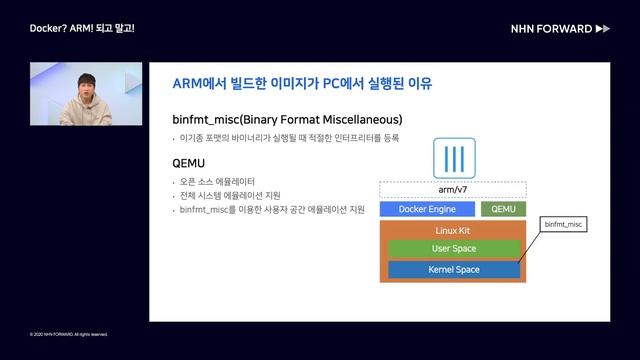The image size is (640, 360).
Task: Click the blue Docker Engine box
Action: [427, 209]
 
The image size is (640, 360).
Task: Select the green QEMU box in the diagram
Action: [502, 209]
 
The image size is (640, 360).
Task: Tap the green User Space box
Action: [453, 248]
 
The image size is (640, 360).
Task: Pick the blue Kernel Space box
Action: [453, 269]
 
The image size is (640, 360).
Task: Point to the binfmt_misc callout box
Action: [563, 226]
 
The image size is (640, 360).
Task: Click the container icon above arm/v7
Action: [453, 159]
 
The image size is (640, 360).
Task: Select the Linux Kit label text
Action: [453, 230]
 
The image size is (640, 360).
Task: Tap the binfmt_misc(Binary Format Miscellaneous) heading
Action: [287, 118]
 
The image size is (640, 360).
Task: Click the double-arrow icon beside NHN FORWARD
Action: [602, 29]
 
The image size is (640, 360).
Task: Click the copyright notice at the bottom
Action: [68, 334]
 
